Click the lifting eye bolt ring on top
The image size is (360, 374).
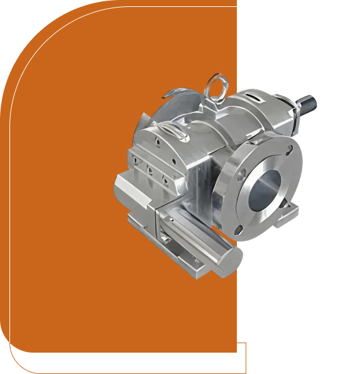point(217,84)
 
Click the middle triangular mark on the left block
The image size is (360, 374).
point(149,169)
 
